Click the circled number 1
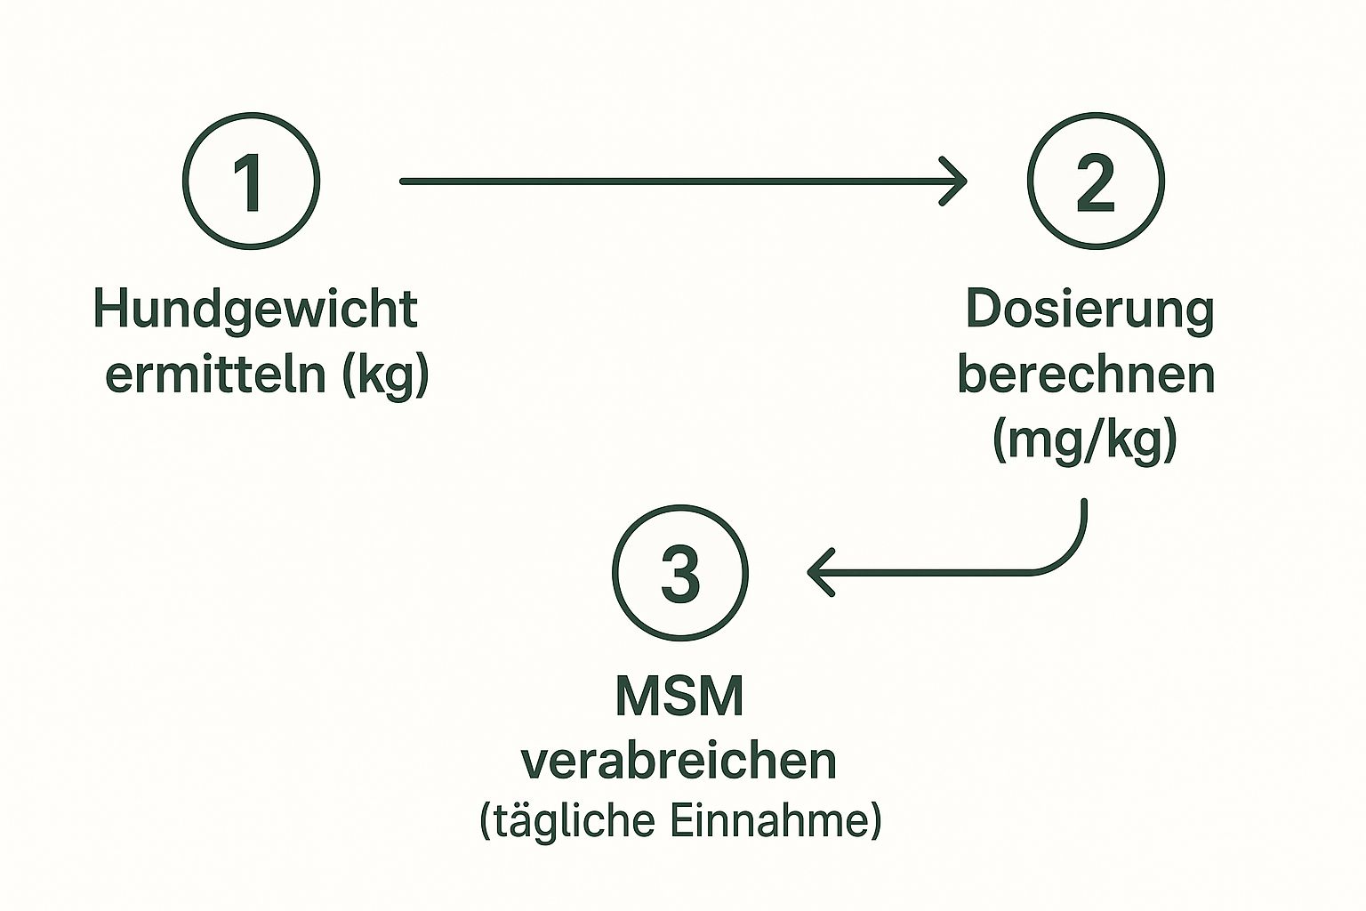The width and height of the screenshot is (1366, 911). coord(251,181)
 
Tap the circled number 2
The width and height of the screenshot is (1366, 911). coord(1095,181)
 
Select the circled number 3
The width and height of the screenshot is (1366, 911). coord(680,573)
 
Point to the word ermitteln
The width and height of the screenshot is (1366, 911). coord(216,375)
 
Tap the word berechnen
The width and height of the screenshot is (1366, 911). coord(1086,375)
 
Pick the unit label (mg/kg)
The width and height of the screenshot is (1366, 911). coord(1085,439)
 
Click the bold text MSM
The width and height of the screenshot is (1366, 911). coord(679,697)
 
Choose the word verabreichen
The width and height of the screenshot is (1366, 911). coord(679,762)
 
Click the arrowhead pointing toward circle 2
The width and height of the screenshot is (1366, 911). coord(957,181)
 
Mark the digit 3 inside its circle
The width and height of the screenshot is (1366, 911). coord(680,573)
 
